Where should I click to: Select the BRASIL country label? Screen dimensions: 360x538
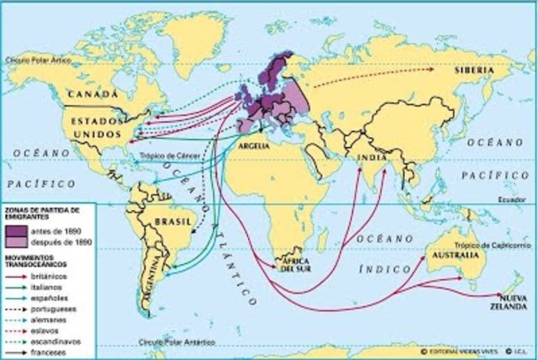pyautogui.click(x=161, y=221)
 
